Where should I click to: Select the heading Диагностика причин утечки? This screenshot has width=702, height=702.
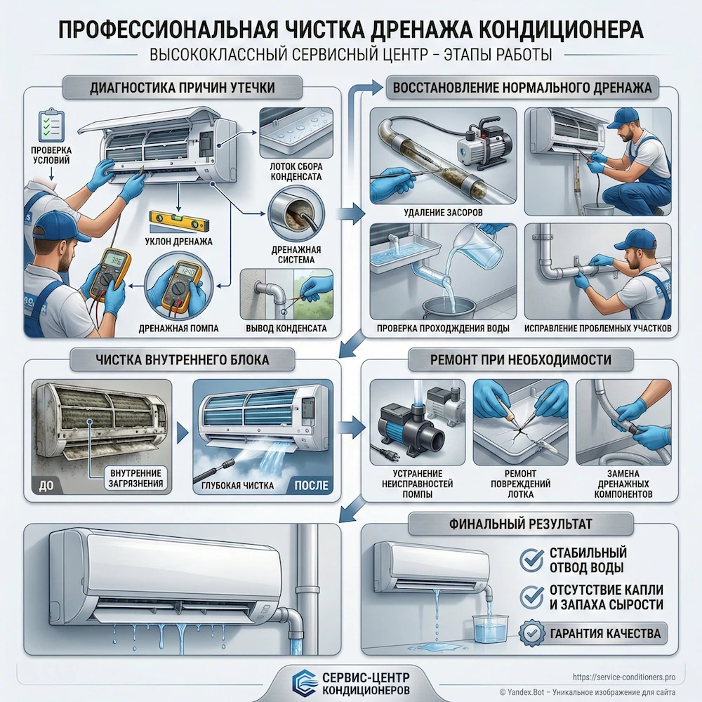pyautogui.click(x=183, y=88)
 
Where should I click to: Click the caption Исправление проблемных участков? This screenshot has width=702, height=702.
pyautogui.click(x=597, y=328)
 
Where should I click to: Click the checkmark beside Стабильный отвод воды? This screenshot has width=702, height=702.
pyautogui.click(x=531, y=559)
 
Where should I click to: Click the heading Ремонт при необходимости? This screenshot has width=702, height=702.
pyautogui.click(x=519, y=360)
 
